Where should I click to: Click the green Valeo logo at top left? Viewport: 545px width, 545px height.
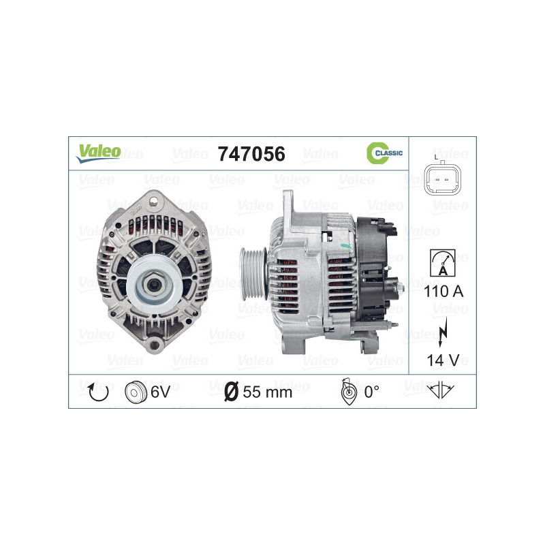click(98, 153)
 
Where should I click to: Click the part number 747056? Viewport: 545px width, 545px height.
click(251, 154)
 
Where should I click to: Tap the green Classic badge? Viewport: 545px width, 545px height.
click(384, 154)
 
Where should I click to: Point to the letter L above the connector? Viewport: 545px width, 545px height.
click(436, 156)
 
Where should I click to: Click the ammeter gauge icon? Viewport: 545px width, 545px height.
click(442, 262)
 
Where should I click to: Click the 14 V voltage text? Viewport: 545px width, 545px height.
click(442, 360)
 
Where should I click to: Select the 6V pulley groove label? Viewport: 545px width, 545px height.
click(159, 392)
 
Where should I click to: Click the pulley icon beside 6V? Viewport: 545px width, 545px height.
click(136, 392)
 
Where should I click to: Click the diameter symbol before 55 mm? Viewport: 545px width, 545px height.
click(231, 392)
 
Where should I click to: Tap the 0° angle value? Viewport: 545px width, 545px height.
click(371, 392)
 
